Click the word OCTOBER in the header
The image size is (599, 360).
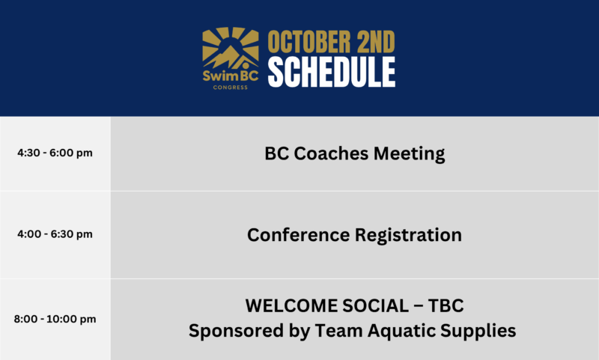[309, 42]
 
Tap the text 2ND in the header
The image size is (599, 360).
[376, 42]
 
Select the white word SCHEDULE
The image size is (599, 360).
[332, 72]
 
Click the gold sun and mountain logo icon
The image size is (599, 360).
[231, 48]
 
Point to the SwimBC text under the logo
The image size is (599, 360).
[231, 76]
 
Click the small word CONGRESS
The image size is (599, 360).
[231, 88]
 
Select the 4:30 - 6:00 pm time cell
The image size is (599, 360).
[55, 153]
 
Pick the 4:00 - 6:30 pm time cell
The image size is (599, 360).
[55, 234]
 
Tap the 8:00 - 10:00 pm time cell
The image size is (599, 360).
[55, 319]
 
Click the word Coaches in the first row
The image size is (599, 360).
[331, 153]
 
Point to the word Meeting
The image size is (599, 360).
[409, 154]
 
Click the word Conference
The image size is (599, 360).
[298, 235]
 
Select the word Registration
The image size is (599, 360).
[408, 236]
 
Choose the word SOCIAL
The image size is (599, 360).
[376, 306]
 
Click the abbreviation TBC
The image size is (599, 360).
[446, 306]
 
